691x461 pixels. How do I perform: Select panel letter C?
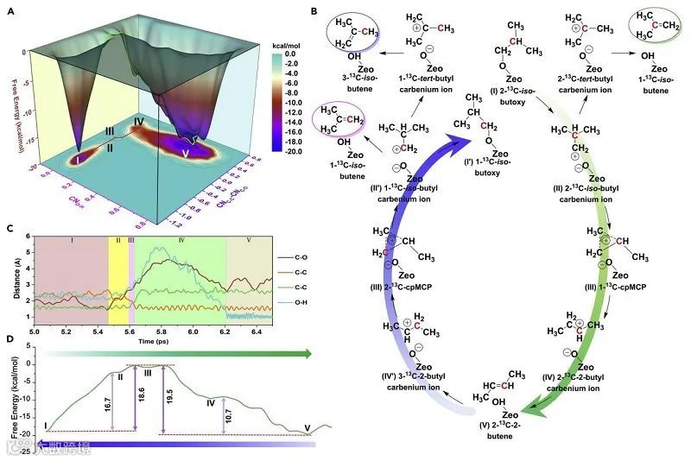coord(10,228)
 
